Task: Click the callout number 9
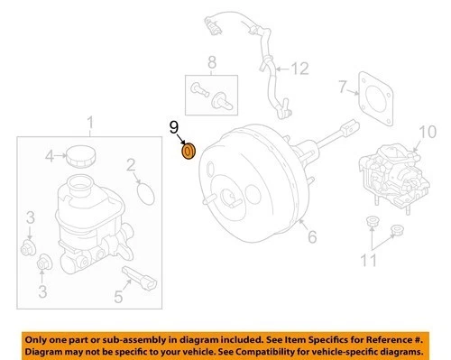(175, 129)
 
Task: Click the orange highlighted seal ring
(188, 150)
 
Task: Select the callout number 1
(89, 122)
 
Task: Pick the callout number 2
(131, 164)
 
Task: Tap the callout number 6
(313, 237)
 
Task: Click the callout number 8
(212, 62)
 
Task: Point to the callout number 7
(343, 88)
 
